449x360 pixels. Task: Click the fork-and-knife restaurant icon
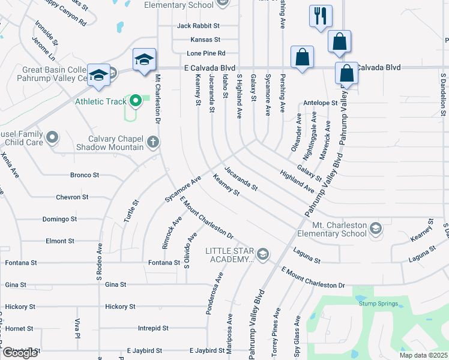[x=320, y=15]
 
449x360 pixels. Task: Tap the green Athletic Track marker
[x=135, y=101]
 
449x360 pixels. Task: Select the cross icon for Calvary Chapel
[x=153, y=142]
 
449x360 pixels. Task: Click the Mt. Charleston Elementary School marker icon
[x=375, y=228]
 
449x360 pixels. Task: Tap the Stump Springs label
[x=378, y=304]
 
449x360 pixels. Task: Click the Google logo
[x=20, y=353]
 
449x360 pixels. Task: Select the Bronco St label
[x=85, y=175]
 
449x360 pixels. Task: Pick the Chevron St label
[x=72, y=197]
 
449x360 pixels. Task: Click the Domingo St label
[x=59, y=219]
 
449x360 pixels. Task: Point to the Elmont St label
[x=59, y=241]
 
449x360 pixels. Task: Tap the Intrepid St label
[x=153, y=328]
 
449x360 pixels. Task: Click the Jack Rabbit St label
[x=198, y=26]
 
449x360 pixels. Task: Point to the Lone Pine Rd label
[x=206, y=53]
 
